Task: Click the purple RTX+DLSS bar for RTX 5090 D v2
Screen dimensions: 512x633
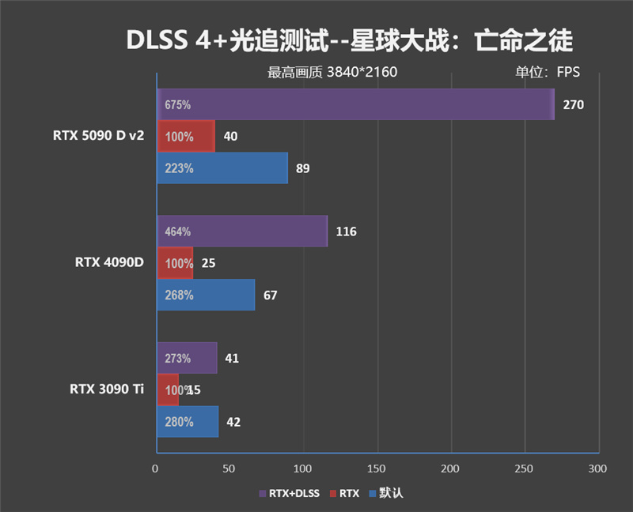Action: point(356,104)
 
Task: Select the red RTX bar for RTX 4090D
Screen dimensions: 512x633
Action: point(175,263)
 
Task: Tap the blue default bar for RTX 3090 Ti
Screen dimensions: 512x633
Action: point(188,422)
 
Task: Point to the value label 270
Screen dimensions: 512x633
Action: point(574,104)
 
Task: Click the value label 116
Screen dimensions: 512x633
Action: point(346,232)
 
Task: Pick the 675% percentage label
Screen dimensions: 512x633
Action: point(178,104)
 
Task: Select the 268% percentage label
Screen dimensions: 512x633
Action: point(178,295)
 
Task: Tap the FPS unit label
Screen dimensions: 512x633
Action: point(567,72)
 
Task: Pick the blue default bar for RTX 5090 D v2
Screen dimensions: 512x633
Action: point(222,168)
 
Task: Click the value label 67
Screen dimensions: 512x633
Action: point(271,295)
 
